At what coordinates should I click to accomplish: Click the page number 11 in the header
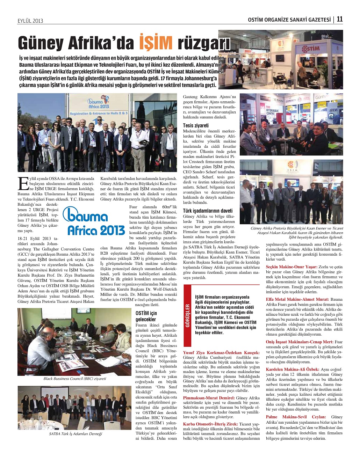pyautogui.click(x=339, y=19)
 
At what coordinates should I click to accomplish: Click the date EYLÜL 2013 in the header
pyautogui.click(x=30, y=21)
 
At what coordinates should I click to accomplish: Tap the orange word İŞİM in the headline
pyautogui.click(x=156, y=43)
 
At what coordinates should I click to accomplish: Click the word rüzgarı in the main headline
pyautogui.click(x=204, y=43)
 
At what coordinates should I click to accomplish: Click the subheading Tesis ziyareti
pyautogui.click(x=196, y=125)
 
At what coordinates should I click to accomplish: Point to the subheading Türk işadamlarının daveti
pyautogui.click(x=208, y=211)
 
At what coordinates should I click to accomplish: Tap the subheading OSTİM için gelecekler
pyautogui.click(x=146, y=316)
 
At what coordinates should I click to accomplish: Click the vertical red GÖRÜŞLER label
pyautogui.click(x=188, y=316)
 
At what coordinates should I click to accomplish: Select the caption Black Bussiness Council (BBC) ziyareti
pyautogui.click(x=75, y=379)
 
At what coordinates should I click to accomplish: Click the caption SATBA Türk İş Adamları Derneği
pyautogui.click(x=75, y=434)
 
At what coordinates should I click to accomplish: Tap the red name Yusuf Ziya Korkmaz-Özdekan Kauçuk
pyautogui.click(x=221, y=352)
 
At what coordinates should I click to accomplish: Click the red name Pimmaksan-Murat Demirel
pyautogui.click(x=209, y=398)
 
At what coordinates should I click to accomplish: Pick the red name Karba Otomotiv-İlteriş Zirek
pyautogui.click(x=208, y=424)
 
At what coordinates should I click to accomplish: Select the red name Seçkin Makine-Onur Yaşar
pyautogui.click(x=291, y=266)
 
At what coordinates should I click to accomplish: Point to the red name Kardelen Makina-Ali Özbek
pyautogui.click(x=293, y=369)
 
